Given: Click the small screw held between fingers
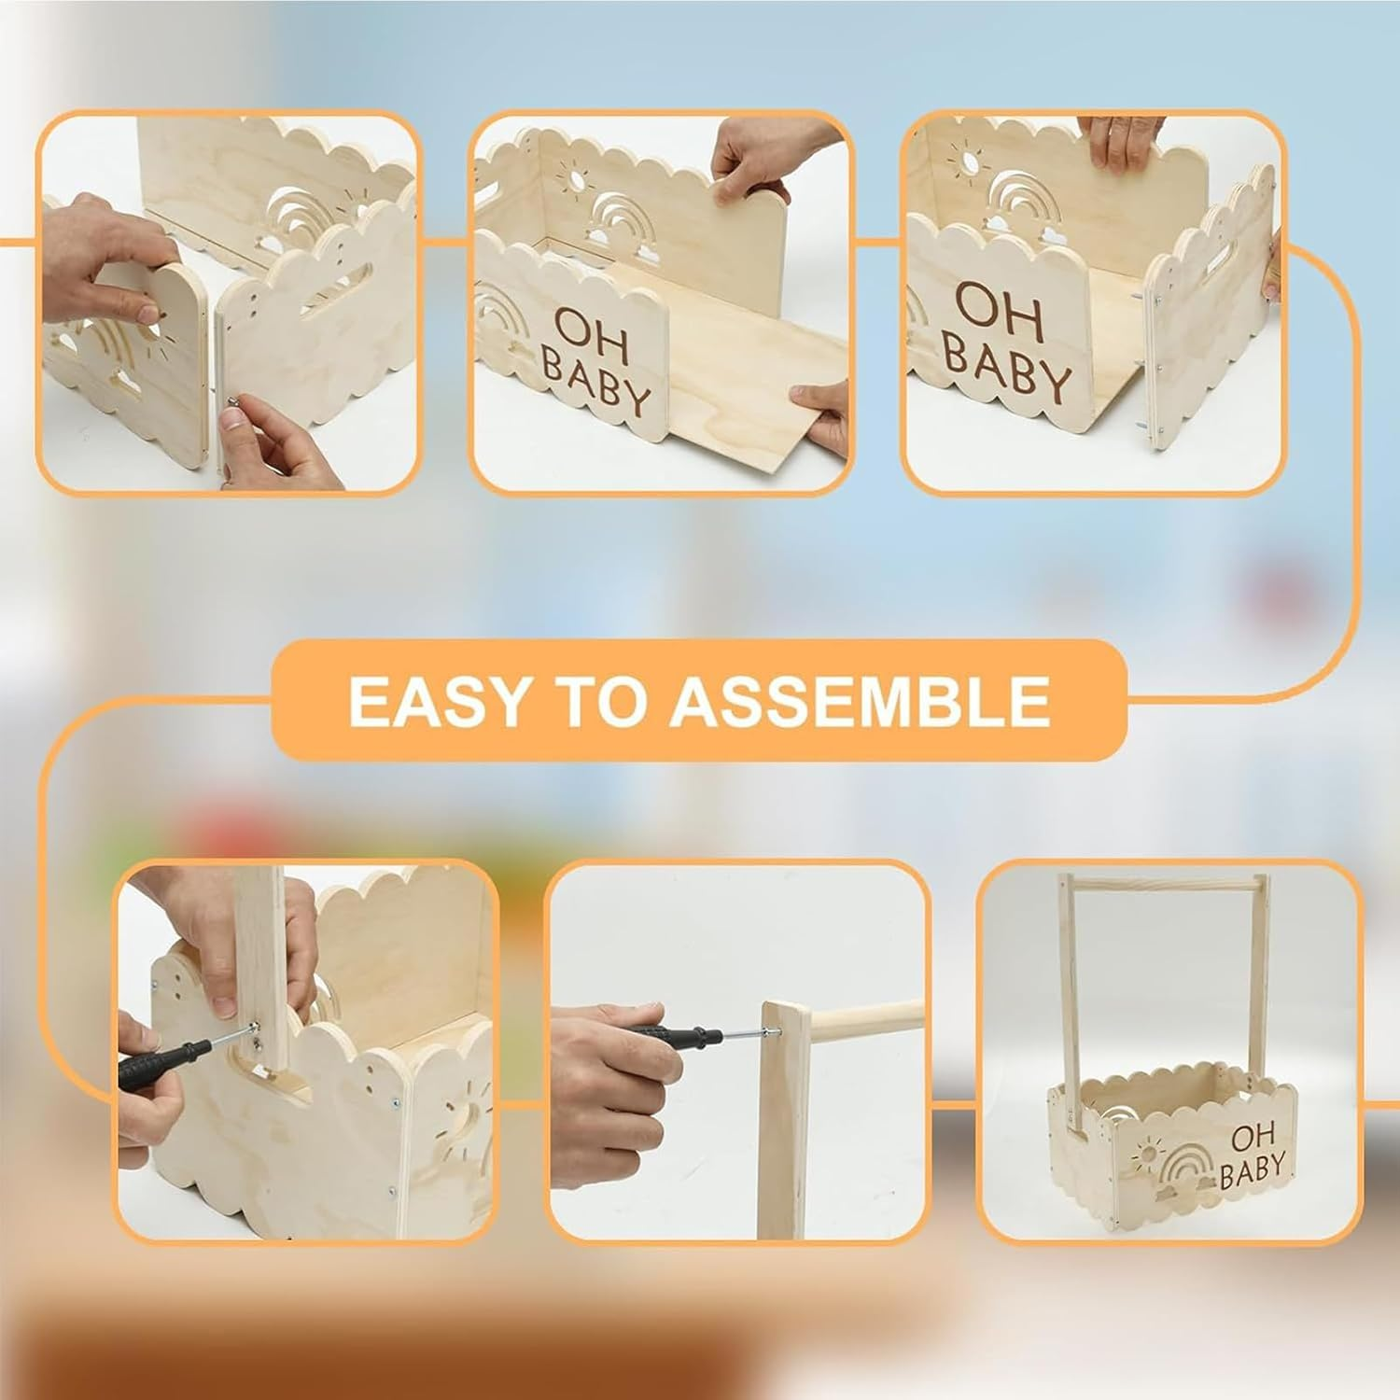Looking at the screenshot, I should pos(235,399).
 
